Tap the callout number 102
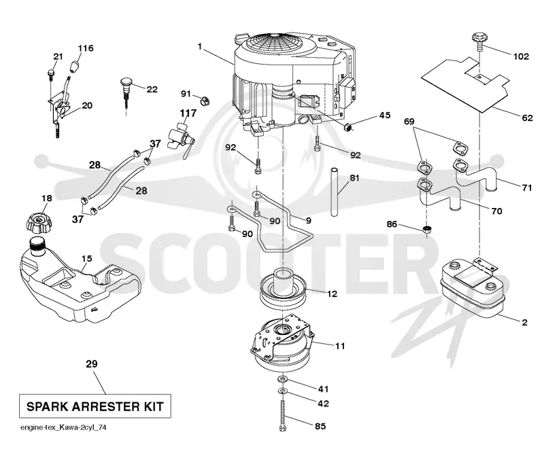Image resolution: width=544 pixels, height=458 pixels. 521,56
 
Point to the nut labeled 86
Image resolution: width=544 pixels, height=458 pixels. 428,229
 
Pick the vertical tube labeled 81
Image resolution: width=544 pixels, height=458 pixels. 334,192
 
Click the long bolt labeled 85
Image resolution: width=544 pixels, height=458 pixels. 282,415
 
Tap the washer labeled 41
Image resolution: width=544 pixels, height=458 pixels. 282,378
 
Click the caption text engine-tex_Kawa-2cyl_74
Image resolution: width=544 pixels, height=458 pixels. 63,427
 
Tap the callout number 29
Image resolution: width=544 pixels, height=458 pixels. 92,364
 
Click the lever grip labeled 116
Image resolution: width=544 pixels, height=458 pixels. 75,65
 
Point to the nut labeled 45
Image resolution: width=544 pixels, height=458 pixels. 347,127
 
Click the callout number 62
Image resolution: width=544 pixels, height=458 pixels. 527,118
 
